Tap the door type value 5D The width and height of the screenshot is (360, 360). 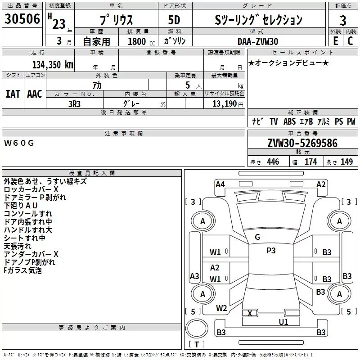click(175, 20)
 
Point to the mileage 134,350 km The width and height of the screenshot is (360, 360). click(53, 64)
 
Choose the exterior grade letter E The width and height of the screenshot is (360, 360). click(335, 41)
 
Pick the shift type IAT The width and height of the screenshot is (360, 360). click(13, 94)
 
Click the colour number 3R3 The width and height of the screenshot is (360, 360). click(74, 104)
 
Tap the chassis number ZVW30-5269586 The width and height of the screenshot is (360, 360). click(302, 144)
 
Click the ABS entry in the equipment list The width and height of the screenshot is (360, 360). click(289, 121)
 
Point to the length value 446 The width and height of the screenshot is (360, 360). click(273, 162)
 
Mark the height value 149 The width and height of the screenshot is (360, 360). click(346, 162)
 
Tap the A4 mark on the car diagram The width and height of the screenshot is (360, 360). click(220, 184)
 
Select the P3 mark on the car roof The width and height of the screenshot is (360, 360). click(271, 251)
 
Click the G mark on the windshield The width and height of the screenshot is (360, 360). click(257, 237)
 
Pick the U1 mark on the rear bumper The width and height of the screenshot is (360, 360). click(283, 322)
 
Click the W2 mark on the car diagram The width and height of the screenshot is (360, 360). click(221, 308)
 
